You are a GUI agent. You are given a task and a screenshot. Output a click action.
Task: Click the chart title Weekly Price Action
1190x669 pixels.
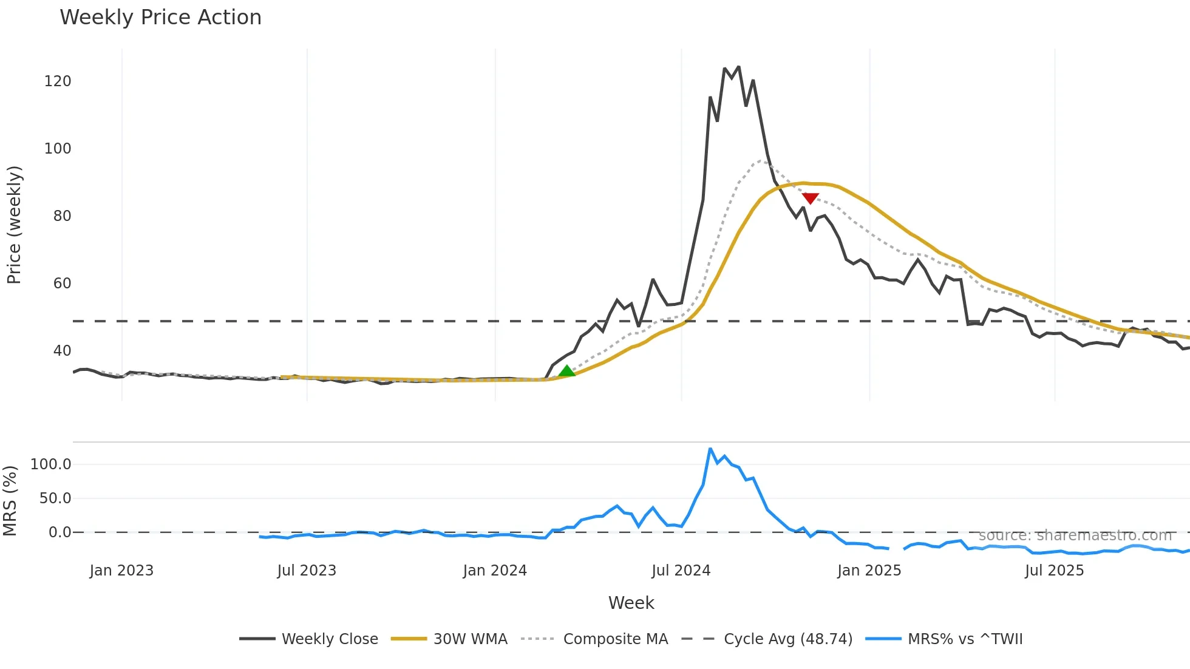pos(160,18)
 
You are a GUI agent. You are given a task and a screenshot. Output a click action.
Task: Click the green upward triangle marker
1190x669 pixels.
pos(566,372)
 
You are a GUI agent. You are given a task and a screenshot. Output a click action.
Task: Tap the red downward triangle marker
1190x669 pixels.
pos(810,199)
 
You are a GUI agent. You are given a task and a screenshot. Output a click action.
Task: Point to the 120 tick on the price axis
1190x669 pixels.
pos(58,81)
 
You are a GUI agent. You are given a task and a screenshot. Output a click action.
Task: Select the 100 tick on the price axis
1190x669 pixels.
pos(58,149)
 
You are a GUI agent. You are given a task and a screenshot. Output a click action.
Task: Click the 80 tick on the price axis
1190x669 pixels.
pos(62,216)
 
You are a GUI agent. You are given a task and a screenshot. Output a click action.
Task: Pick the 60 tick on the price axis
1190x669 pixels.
pos(62,284)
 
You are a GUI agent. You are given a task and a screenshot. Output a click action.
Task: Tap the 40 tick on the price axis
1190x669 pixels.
pos(62,351)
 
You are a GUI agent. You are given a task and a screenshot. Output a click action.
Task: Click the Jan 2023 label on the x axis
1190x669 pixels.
pos(121,571)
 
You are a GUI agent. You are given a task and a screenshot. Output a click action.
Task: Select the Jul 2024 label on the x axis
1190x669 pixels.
pos(681,571)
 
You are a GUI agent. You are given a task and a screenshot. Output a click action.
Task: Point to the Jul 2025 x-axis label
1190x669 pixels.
pos(1054,571)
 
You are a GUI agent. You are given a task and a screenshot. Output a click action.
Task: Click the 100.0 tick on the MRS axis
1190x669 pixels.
pos(51,464)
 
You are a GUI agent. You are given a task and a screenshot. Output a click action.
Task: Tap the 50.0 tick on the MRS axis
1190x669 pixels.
pos(55,498)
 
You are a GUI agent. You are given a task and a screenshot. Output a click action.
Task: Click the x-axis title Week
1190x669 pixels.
pos(631,603)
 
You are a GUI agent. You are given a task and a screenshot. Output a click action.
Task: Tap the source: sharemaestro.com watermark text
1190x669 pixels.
pos(1075,535)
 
